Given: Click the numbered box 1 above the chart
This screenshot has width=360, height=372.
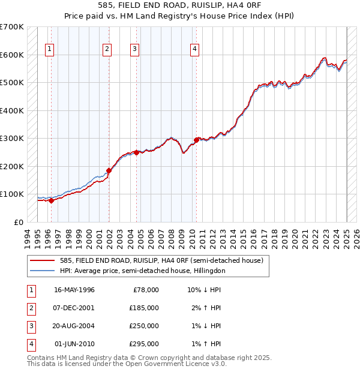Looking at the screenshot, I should [49, 49].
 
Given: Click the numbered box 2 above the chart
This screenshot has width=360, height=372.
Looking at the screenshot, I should [107, 49].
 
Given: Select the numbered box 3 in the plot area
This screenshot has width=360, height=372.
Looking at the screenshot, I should [135, 49].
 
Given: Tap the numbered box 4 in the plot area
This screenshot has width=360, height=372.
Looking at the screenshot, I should [195, 49].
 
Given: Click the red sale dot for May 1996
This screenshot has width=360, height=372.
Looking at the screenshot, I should [51, 201].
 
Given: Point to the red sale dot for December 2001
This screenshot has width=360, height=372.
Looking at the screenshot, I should [109, 170].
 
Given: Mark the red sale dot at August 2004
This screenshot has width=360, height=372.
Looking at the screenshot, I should [136, 152].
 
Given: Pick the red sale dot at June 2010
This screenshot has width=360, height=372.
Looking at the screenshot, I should [197, 140].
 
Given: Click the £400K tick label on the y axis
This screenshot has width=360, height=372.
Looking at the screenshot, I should [12, 110].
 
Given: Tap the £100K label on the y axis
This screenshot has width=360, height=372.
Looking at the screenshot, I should [12, 194].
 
